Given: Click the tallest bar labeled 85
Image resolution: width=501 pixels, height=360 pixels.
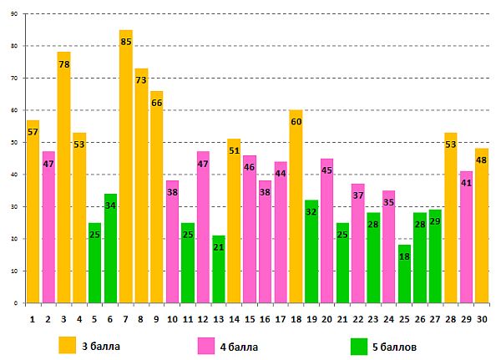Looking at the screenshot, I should [x=126, y=167].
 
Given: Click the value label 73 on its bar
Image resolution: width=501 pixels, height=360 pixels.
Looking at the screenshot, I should [x=141, y=81].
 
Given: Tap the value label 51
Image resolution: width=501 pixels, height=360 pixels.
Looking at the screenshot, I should [x=234, y=151].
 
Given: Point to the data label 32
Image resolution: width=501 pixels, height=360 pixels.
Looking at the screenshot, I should [x=311, y=212].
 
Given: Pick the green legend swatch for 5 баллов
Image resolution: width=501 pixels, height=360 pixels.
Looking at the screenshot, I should [x=359, y=343].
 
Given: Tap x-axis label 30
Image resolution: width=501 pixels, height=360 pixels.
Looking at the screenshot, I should [x=482, y=317].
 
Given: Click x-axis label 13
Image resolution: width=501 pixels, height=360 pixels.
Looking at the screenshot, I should [x=219, y=317].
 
